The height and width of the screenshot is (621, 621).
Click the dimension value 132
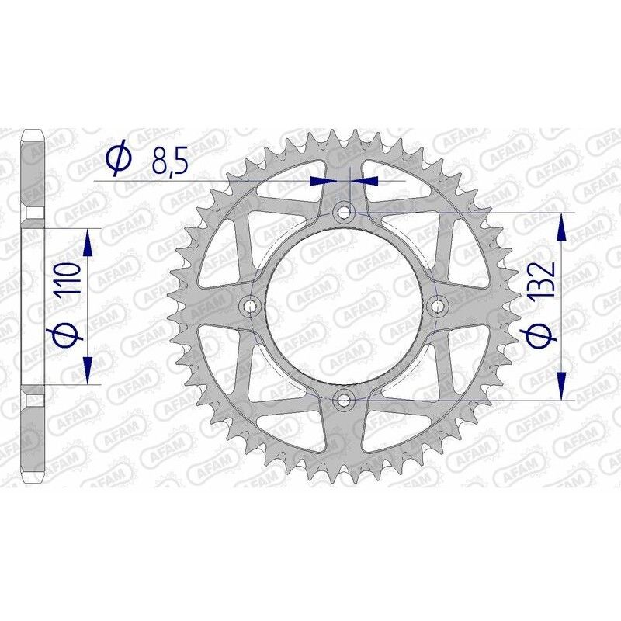[x=543, y=281]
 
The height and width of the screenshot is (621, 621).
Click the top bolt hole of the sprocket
[x=344, y=211]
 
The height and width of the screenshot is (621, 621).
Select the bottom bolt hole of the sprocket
[x=344, y=400]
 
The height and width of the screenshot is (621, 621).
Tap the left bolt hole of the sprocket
[x=249, y=306]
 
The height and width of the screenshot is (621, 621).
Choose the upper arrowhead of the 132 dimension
[x=562, y=227]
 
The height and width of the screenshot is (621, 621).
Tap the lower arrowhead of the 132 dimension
[x=562, y=384]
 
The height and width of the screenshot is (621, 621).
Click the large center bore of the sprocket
[x=344, y=306]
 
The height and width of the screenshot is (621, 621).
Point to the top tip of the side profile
[x=32, y=133]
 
